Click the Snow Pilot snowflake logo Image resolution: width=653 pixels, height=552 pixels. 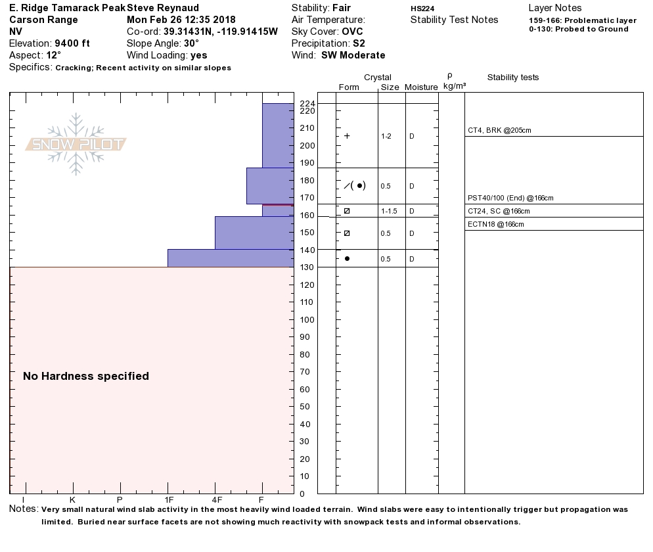click(76, 144)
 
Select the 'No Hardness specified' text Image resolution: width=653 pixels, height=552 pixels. click(86, 377)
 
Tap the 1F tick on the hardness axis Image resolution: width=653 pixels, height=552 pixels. click(168, 499)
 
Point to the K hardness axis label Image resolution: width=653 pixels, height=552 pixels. click(72, 499)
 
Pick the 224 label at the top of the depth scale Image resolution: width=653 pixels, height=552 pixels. click(307, 104)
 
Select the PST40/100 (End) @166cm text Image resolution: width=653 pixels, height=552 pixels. click(510, 198)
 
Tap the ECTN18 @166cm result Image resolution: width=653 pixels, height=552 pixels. click(496, 225)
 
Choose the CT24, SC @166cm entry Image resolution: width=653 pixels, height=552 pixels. click(499, 212)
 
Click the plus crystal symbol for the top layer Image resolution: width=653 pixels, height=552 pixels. click(347, 136)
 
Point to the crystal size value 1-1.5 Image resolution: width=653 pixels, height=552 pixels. click(389, 212)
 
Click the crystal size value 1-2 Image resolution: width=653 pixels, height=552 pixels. click(386, 137)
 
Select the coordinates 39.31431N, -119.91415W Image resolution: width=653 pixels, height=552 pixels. click(221, 32)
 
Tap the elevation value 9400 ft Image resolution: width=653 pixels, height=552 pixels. click(72, 43)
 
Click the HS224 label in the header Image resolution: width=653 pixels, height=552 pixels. click(422, 9)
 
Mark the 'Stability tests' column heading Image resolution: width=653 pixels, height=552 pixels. click(513, 78)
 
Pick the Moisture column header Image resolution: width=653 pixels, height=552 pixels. click(421, 87)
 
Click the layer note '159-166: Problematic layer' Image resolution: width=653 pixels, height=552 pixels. click(583, 21)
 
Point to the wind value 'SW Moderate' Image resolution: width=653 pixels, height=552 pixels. click(353, 55)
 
